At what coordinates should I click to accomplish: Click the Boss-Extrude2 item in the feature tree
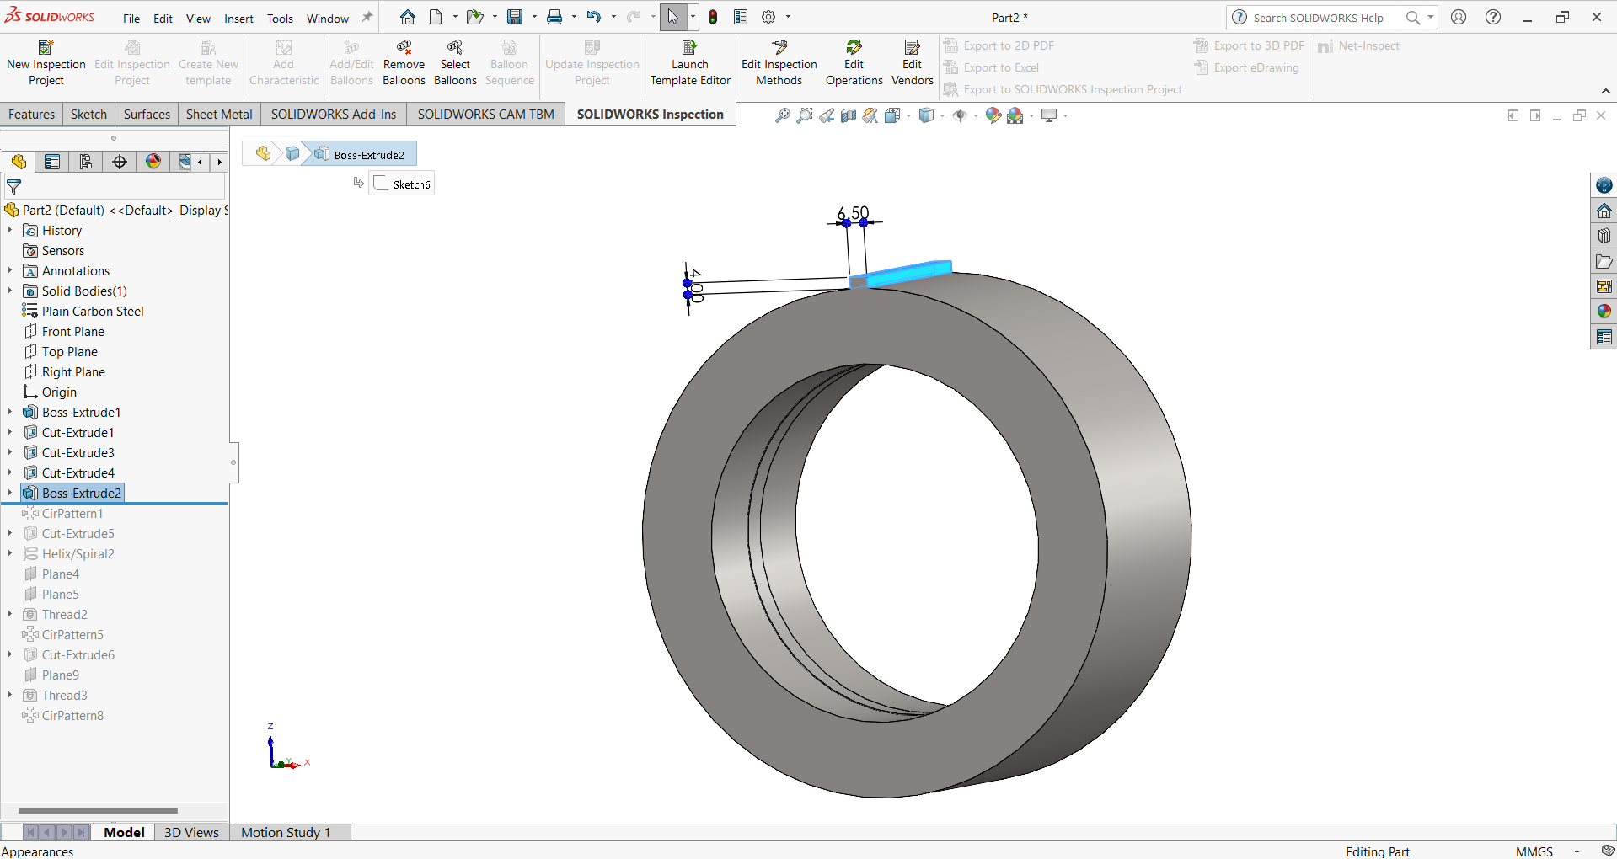(81, 493)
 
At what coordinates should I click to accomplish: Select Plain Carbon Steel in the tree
(93, 311)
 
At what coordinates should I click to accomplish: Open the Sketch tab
(88, 115)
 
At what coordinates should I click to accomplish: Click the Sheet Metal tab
(218, 115)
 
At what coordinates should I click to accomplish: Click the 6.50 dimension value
(853, 213)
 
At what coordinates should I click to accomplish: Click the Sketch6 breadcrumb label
(411, 184)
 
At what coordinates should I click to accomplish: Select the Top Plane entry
(69, 351)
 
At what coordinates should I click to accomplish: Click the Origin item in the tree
(59, 392)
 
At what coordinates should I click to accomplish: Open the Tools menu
(280, 18)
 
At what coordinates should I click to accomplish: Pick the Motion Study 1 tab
(286, 832)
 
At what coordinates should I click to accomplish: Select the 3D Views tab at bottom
(191, 832)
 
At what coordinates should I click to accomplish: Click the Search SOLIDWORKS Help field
(1318, 18)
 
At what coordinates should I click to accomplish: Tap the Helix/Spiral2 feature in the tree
(78, 553)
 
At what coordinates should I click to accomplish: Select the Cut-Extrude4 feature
(78, 472)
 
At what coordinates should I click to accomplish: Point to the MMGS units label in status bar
(1534, 851)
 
